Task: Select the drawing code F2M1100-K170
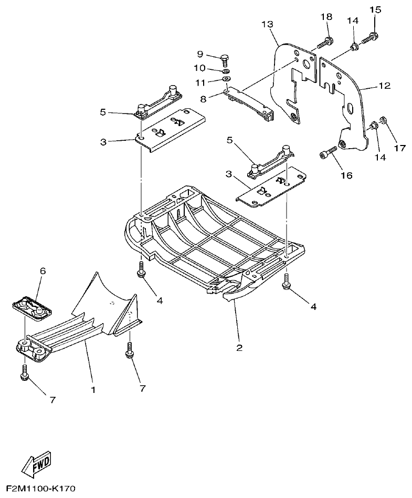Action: click(x=41, y=489)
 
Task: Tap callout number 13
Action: click(x=267, y=24)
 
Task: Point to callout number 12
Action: click(x=385, y=85)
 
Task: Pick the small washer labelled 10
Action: click(x=225, y=70)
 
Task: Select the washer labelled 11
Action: click(x=226, y=79)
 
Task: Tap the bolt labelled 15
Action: click(x=372, y=36)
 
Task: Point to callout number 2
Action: click(x=239, y=348)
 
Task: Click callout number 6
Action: click(x=43, y=271)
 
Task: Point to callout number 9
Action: click(x=200, y=54)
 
